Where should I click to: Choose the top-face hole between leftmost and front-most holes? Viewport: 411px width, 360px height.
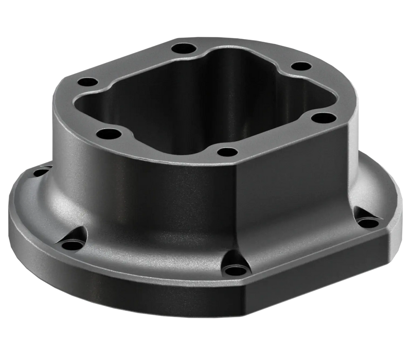(x=110, y=135)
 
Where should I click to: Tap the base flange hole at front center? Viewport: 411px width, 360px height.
(x=236, y=269)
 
